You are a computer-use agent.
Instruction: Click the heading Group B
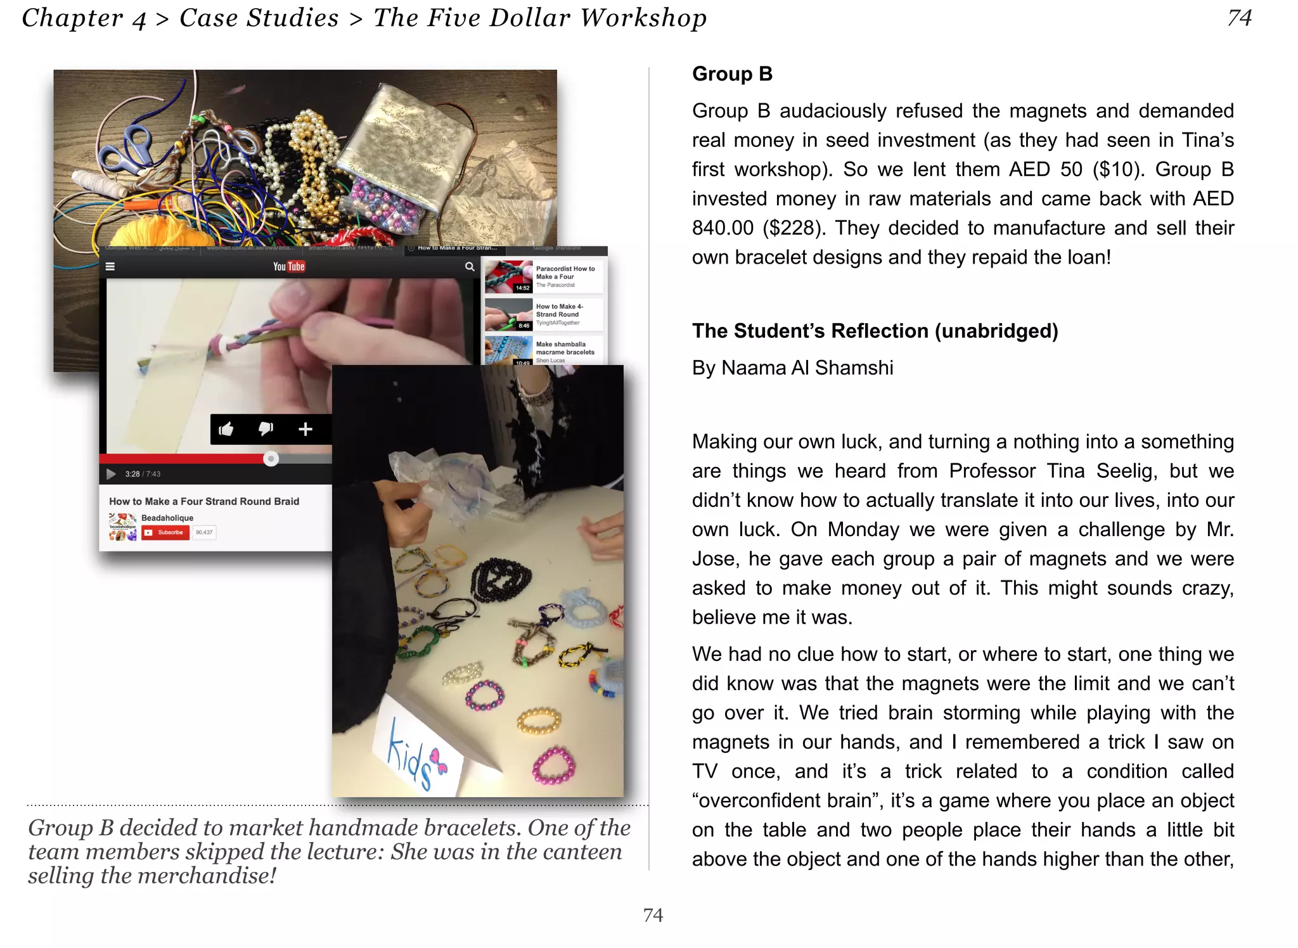732,74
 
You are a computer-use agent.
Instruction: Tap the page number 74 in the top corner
1239,18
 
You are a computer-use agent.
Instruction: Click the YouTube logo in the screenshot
289,267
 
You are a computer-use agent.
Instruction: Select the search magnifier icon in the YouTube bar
470,267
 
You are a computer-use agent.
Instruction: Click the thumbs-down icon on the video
266,429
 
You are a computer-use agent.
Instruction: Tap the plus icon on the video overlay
305,429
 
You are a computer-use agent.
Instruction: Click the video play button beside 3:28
111,474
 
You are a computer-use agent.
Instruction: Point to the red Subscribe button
166,533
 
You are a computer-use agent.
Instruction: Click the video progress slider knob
271,458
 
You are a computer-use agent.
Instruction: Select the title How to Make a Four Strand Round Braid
204,501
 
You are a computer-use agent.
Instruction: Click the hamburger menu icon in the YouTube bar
110,267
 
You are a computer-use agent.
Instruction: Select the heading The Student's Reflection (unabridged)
875,331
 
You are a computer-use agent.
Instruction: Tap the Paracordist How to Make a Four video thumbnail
508,276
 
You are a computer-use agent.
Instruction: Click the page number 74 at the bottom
653,915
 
